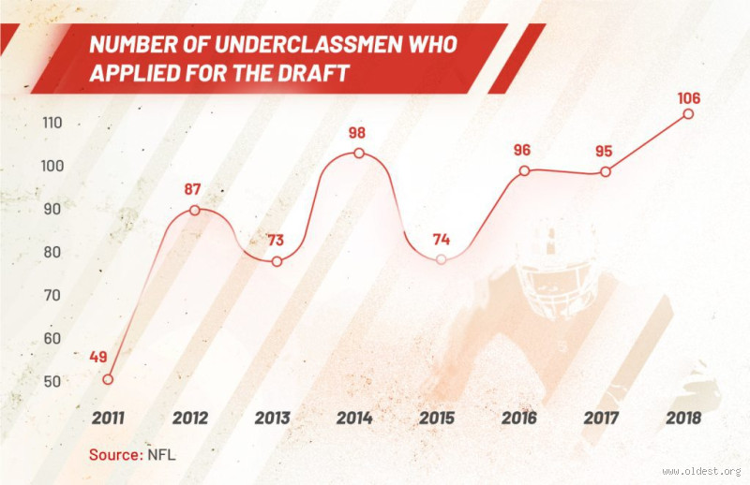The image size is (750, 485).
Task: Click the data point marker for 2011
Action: click(x=108, y=379)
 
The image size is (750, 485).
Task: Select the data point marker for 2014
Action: click(x=358, y=154)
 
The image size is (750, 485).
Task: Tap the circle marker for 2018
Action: click(x=688, y=113)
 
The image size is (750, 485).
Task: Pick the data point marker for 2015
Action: click(x=442, y=259)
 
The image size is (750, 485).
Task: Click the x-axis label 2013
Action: click(x=272, y=418)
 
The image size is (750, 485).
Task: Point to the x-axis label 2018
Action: click(x=683, y=418)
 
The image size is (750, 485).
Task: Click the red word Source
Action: click(x=114, y=455)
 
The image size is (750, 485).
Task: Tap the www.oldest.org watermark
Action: click(x=701, y=471)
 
